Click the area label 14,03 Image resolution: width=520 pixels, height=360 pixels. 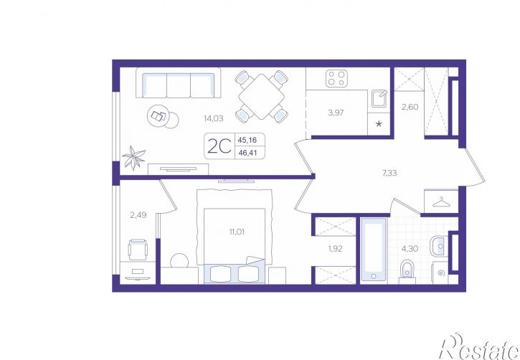214,118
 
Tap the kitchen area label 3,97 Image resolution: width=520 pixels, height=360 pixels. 336,113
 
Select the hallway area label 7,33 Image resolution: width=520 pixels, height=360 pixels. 389,173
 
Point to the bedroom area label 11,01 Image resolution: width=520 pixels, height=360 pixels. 237,232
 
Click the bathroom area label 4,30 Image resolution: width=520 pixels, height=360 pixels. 410,249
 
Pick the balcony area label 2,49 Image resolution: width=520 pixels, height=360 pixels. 138,215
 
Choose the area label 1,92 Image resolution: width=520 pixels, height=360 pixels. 335,249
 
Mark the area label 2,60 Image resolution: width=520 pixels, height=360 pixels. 410,107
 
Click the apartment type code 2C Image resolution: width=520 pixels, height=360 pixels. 219,146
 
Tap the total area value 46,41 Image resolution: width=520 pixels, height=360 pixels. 247,153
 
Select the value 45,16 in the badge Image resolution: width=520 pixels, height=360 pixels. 247,140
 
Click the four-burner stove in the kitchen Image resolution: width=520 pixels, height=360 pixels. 336,79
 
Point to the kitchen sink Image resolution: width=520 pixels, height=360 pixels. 379,98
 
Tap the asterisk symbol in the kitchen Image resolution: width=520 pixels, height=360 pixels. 379,124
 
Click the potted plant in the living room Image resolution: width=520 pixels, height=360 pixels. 133,158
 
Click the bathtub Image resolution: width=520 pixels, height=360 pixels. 374,250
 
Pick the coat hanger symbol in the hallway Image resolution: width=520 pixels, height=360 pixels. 440,202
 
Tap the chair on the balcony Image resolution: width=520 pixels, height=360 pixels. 138,250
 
